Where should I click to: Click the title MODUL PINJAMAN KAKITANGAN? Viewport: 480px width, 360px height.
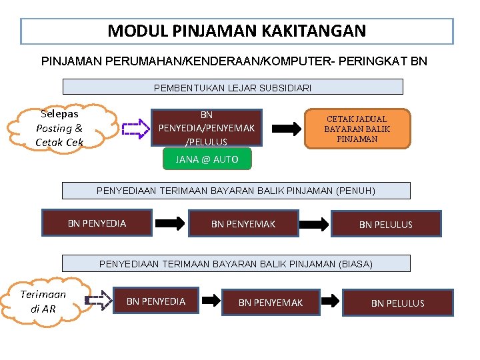coord(237,31)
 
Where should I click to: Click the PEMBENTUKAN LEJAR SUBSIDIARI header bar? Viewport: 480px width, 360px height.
coord(233,87)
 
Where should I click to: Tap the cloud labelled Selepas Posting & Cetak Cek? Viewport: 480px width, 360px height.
coord(59,127)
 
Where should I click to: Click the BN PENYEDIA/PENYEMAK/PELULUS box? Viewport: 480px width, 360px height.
coord(206,127)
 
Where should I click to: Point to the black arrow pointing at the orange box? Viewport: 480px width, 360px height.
coord(287,129)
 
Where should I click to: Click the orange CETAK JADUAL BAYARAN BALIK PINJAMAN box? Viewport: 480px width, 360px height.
coord(357,129)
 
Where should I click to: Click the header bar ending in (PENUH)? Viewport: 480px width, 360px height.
coord(236,191)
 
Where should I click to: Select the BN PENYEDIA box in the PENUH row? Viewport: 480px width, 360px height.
coord(97,223)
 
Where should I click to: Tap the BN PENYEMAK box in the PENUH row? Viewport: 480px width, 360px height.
coord(243,224)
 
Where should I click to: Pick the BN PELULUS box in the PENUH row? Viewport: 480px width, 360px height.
coord(385,225)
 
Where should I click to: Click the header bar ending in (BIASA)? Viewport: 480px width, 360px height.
coord(236,264)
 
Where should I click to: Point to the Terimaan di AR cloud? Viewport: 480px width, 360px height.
coord(43,301)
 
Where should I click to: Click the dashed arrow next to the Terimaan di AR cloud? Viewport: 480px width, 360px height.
coord(99,301)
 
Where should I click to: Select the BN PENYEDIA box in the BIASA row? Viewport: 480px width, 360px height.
coord(156,301)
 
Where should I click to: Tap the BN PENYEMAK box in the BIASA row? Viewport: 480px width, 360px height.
coord(271,303)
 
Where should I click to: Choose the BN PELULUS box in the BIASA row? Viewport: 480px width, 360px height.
coord(397,303)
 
